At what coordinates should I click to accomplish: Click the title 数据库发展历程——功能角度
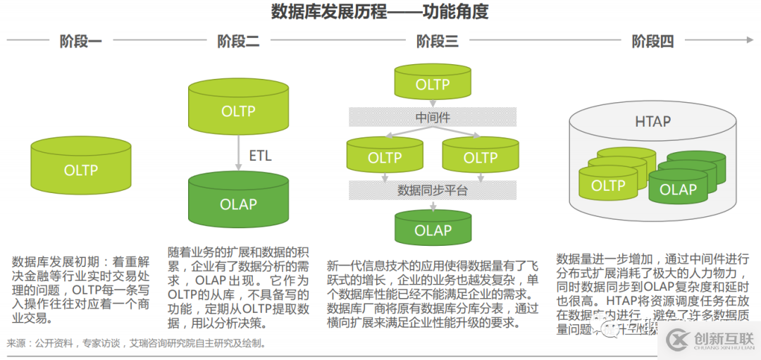(x=380, y=12)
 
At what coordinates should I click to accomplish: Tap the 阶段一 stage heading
(x=80, y=42)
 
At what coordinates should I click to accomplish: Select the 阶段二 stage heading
(x=238, y=42)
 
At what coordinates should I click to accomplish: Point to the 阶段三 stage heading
(x=437, y=42)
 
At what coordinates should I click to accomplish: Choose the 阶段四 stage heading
(x=652, y=42)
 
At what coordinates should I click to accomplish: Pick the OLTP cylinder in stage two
(x=238, y=111)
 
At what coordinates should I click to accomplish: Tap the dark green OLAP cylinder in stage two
(x=238, y=204)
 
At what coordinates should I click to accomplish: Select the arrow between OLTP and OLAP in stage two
(x=238, y=156)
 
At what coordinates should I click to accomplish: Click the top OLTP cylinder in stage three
(x=433, y=85)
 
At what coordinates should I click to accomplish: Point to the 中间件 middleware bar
(x=433, y=117)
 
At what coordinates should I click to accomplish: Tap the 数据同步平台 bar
(x=433, y=190)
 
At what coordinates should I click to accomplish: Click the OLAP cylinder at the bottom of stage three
(x=433, y=230)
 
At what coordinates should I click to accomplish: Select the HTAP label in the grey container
(x=652, y=121)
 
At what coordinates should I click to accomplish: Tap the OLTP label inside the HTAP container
(x=608, y=186)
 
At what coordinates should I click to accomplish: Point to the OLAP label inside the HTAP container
(x=678, y=190)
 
